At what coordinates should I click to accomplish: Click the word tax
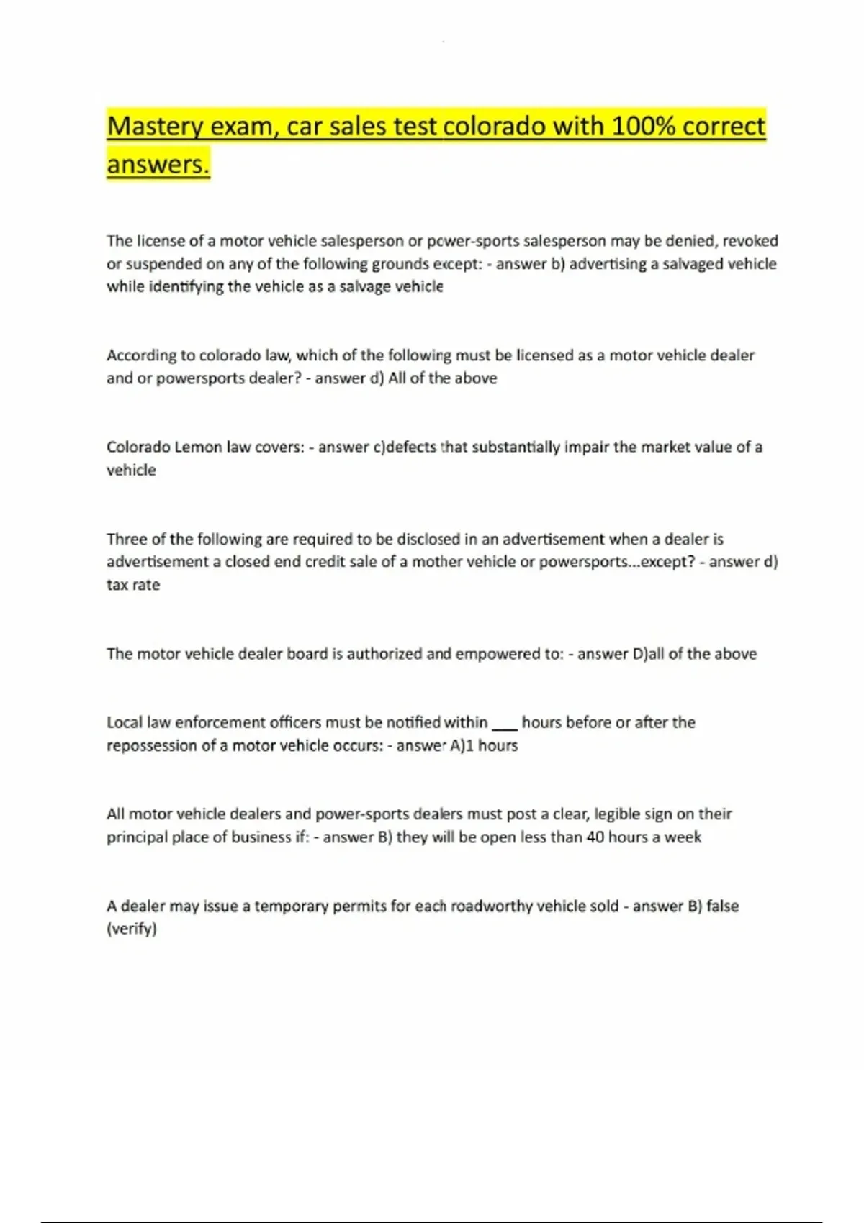[117, 584]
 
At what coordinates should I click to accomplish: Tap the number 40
[595, 837]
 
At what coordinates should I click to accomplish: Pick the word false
[722, 906]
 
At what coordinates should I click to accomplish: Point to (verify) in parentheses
[132, 929]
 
